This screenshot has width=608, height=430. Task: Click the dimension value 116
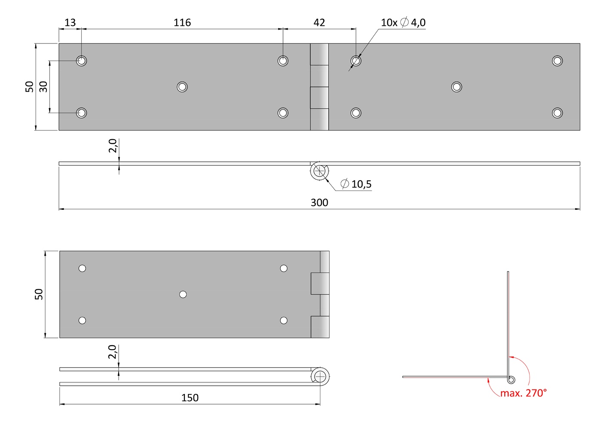182,22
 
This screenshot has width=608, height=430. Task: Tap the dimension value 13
70,22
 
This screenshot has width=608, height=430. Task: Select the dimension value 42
319,22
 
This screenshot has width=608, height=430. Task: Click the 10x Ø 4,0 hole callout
403,22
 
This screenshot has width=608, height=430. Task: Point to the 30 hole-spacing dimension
43,86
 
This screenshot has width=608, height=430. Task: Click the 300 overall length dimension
319,203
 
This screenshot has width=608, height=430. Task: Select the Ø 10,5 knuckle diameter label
356,184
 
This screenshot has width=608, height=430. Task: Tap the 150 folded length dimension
190,398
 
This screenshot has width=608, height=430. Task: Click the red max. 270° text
523,393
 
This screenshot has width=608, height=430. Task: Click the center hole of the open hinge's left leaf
182,87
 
